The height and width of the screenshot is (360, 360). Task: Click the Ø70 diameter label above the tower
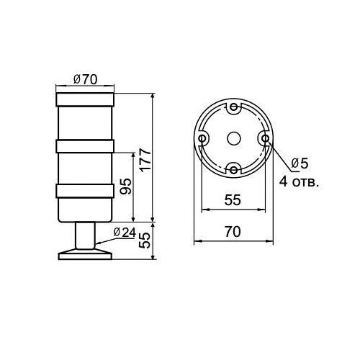tap(85, 80)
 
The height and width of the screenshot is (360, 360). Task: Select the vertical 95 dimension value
tap(125, 186)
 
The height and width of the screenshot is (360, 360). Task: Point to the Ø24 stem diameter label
tap(125, 232)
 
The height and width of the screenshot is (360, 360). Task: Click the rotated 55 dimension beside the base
tap(144, 239)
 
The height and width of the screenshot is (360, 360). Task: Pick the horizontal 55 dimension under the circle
tap(232, 201)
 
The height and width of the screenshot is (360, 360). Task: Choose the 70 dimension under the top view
tap(232, 232)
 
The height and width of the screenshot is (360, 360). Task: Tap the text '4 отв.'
tap(300, 181)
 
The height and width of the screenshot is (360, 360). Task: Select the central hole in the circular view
tap(233, 138)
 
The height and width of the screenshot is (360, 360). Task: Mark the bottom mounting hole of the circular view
tap(233, 169)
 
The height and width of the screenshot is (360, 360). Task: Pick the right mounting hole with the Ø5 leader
tap(264, 138)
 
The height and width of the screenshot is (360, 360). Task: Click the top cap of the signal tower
tap(85, 96)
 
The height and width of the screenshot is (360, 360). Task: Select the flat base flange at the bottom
tap(85, 254)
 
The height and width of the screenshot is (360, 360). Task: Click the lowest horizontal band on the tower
tap(85, 192)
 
